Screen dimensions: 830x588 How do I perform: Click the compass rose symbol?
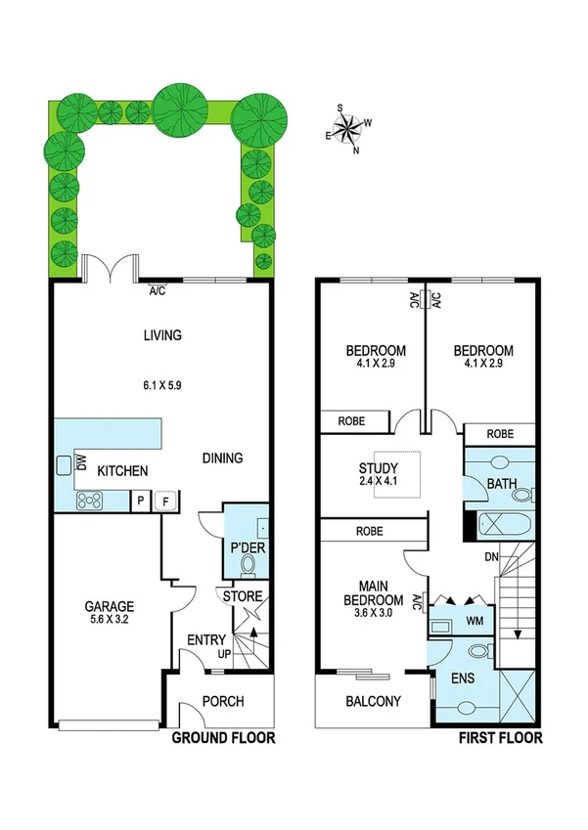348,129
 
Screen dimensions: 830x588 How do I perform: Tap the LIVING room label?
162,335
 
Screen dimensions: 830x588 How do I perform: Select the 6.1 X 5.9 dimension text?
162,385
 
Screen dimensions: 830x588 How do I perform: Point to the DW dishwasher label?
80,465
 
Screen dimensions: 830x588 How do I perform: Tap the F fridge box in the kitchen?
166,501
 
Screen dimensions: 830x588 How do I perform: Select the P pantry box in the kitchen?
141,501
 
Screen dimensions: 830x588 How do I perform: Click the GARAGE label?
108,606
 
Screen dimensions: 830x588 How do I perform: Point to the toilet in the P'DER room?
248,565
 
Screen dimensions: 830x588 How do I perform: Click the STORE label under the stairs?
242,596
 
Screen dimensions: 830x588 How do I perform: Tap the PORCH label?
222,702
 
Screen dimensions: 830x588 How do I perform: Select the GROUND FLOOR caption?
223,738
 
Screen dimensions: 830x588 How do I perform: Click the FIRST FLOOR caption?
501,738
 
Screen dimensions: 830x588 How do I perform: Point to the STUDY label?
378,468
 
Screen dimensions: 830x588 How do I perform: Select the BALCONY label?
374,701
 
